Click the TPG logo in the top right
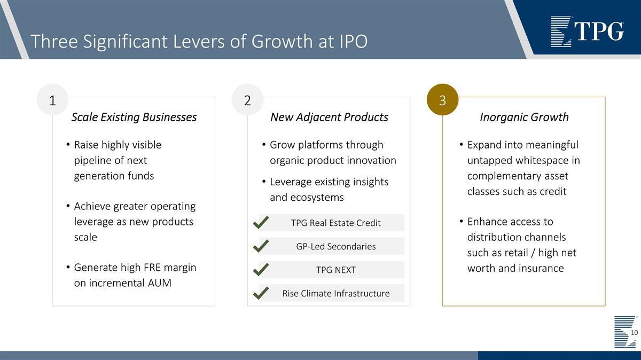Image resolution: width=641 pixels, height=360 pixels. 587,32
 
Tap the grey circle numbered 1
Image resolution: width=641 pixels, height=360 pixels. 52,100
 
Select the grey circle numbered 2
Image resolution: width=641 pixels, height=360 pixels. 247,100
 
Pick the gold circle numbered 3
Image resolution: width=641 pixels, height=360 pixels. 442,100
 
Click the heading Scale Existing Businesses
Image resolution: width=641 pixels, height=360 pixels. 134,117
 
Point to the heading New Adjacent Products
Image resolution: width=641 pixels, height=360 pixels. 329,117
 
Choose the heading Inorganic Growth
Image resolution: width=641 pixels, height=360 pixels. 524,117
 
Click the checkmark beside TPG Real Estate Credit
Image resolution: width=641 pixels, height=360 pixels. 260,222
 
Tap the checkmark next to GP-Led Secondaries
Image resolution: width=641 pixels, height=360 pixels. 260,246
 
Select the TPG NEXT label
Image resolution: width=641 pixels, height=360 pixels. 335,270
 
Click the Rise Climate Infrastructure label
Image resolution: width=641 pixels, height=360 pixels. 335,293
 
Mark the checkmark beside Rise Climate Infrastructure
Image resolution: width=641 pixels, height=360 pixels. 260,293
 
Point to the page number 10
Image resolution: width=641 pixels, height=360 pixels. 635,333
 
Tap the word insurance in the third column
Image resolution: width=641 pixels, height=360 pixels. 541,268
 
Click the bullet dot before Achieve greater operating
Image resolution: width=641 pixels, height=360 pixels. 68,207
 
